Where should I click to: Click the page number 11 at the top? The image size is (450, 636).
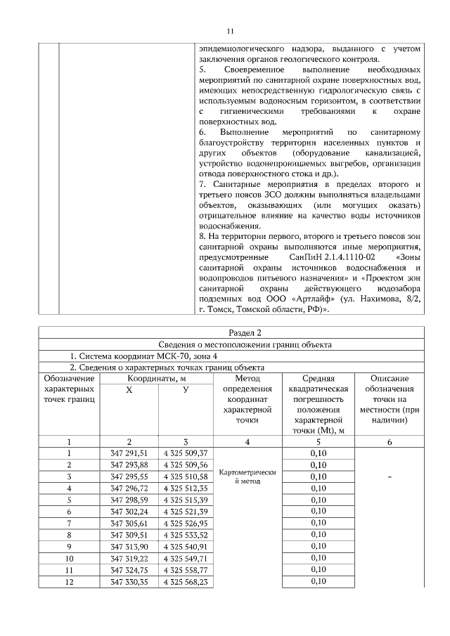tap(229, 31)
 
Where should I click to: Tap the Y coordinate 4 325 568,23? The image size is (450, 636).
tap(185, 582)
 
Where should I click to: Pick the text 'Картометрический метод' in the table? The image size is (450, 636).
tap(247, 477)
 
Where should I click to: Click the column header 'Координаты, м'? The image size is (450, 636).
tap(157, 379)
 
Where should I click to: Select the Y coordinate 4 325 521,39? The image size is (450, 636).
tap(185, 512)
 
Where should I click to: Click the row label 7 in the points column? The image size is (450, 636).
tap(69, 523)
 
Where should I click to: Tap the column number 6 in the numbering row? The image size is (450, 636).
tap(390, 442)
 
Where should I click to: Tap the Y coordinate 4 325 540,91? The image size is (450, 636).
tap(185, 545)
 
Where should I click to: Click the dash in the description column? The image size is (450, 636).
tap(390, 477)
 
